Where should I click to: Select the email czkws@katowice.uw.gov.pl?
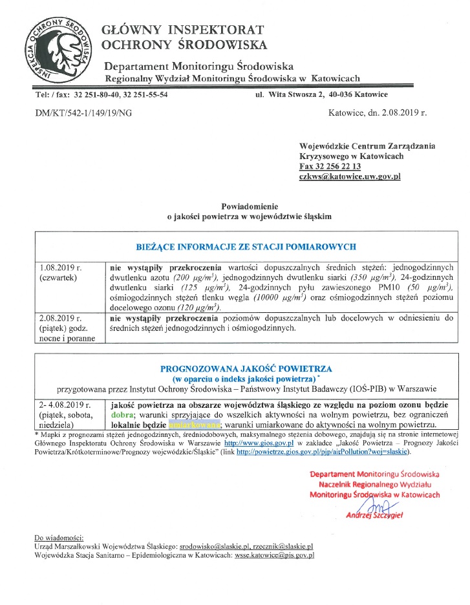pyautogui.click(x=350, y=176)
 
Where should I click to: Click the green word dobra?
pyautogui.click(x=123, y=414)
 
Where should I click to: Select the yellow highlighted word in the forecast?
pyautogui.click(x=194, y=425)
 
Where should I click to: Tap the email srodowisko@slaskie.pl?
pyautogui.click(x=214, y=546)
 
